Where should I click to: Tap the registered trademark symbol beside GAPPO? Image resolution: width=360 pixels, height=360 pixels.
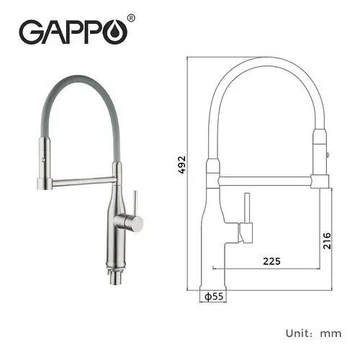[x=130, y=17]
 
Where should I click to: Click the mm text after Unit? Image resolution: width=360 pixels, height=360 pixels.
[x=332, y=334]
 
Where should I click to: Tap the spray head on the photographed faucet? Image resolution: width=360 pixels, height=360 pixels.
[x=43, y=162]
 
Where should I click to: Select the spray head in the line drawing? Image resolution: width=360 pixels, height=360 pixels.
[x=320, y=155]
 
